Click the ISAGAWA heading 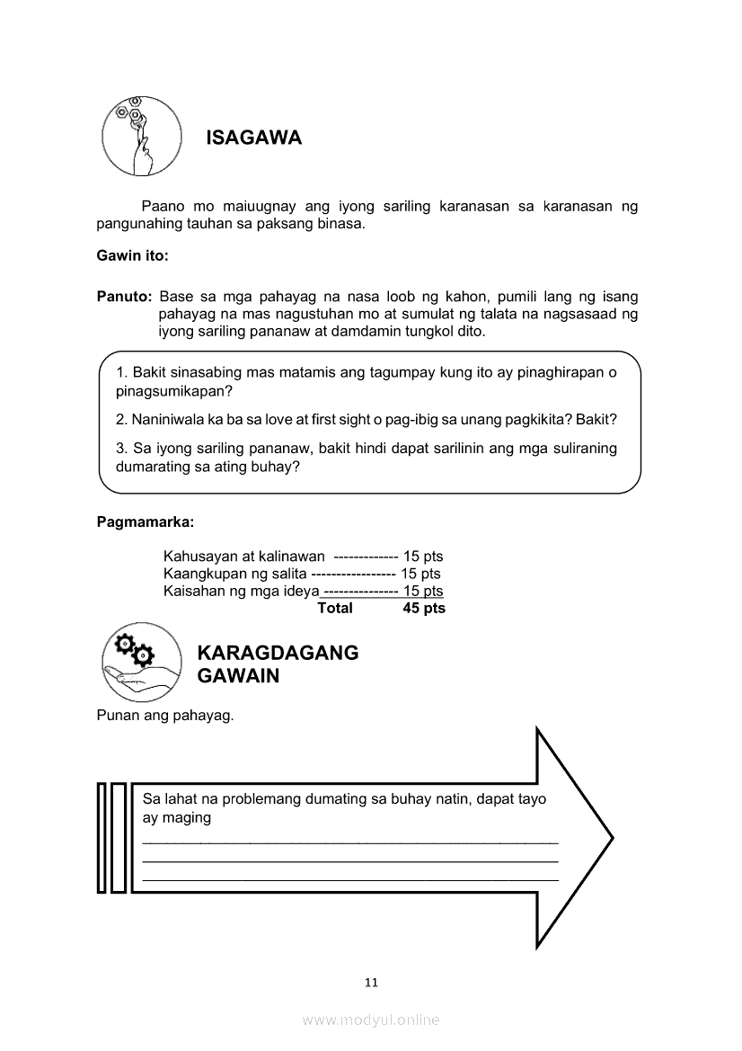[253, 138]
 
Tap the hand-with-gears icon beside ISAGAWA [137, 135]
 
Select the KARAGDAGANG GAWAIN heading [278, 664]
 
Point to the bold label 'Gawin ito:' [132, 255]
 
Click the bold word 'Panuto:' [124, 297]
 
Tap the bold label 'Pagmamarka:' [145, 521]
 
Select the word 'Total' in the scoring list [335, 608]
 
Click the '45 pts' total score [424, 608]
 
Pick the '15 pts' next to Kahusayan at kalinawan [423, 557]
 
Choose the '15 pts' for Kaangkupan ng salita [420, 574]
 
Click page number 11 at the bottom [371, 982]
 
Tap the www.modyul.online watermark [371, 1020]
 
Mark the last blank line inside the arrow [350, 880]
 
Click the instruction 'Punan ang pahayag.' [164, 716]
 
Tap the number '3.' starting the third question [122, 449]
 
